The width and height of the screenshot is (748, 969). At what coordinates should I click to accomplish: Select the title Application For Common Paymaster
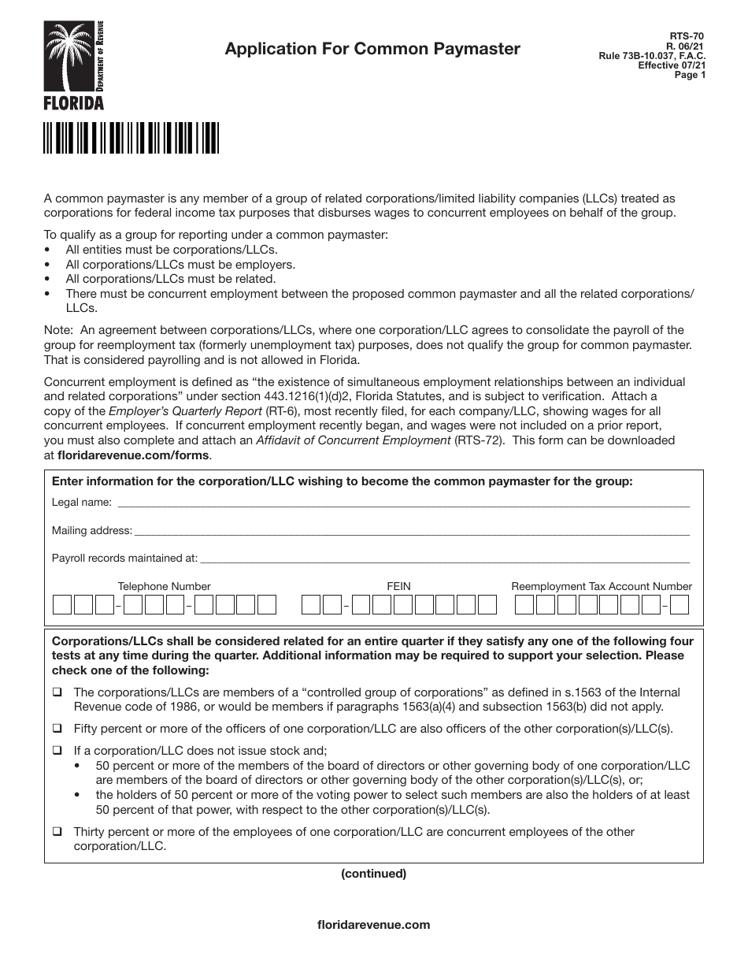coord(372,49)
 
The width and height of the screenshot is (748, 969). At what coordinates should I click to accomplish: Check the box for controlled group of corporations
coord(57,692)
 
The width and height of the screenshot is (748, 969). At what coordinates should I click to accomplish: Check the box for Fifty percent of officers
coord(57,729)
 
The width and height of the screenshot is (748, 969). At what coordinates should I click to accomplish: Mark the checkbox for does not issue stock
coord(57,751)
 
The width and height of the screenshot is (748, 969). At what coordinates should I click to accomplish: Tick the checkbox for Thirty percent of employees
coord(57,832)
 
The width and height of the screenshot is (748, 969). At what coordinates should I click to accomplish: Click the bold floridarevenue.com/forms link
coord(134,455)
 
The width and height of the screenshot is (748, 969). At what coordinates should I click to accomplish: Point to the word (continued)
coord(373,873)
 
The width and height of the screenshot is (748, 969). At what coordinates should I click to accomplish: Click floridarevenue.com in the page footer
coord(373,925)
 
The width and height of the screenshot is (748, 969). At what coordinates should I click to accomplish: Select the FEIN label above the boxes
coord(398,586)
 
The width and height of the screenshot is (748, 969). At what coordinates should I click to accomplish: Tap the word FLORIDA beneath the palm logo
coord(73,102)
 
